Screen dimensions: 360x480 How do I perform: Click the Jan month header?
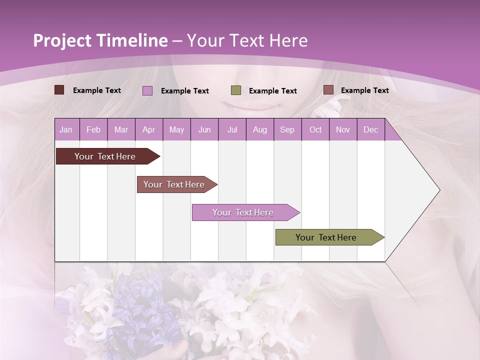coord(66,129)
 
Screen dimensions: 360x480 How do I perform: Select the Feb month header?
coord(93,129)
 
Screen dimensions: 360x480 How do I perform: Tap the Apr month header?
coord(148,129)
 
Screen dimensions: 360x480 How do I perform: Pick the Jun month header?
coord(204,129)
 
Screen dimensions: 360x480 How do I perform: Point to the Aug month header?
coord(259,129)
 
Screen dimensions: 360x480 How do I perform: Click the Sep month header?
coord(287,129)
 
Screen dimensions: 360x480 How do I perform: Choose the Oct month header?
coord(315,129)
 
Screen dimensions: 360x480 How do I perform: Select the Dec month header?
coord(370,129)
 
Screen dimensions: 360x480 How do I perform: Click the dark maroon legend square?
coord(59,90)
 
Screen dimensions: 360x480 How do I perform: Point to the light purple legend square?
coord(147,90)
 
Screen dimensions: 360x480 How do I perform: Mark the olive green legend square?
coord(236,90)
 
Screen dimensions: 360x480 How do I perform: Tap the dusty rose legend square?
coord(328,90)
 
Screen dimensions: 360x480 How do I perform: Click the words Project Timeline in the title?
coord(100,40)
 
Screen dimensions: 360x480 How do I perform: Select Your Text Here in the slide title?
coord(247,40)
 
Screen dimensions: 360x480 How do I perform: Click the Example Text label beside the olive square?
coord(272,91)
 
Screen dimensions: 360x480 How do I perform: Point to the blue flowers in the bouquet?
coord(145,310)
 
